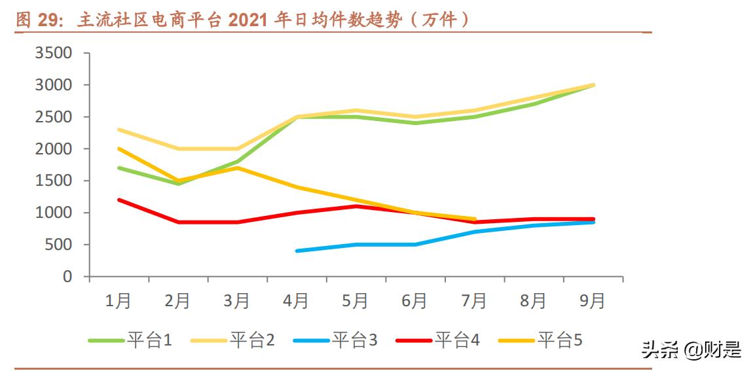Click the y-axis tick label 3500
coord(53,53)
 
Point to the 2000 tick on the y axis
coord(53,149)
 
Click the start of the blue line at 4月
coord(297,251)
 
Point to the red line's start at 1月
coord(119,200)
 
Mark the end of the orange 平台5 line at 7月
coord(475,219)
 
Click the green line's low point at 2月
coord(178,184)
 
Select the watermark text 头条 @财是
coord(691,350)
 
